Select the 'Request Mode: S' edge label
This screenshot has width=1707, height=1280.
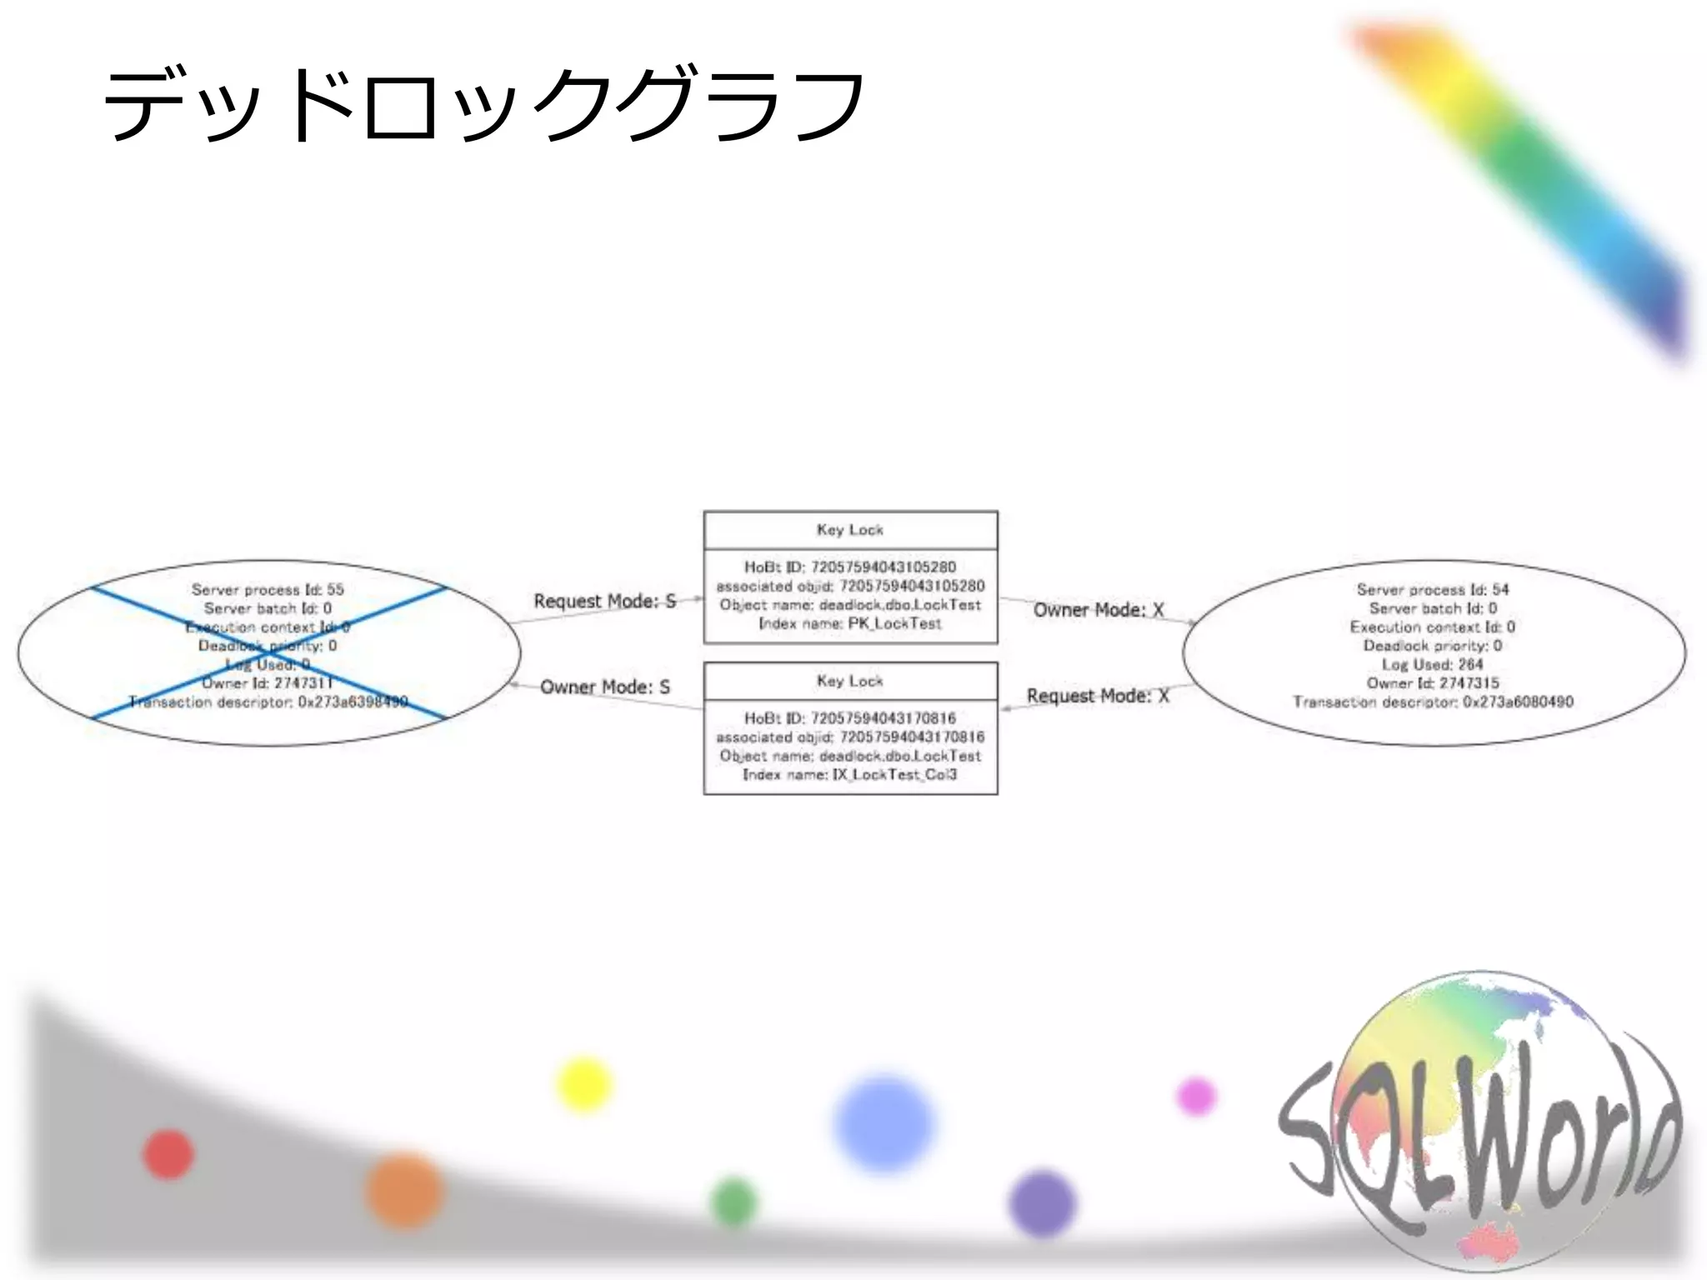(x=604, y=601)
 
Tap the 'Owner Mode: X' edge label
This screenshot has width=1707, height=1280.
(x=1099, y=610)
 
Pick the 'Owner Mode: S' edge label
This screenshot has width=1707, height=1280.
(x=605, y=687)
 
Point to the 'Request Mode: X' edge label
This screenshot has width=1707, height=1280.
(x=1098, y=696)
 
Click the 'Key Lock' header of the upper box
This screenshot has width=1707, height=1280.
(x=850, y=530)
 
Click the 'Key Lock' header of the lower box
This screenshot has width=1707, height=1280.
(x=850, y=681)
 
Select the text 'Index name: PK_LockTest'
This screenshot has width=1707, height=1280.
(x=850, y=623)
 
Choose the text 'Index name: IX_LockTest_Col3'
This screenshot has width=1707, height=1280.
(x=850, y=774)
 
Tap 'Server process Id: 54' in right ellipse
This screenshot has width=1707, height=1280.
(x=1433, y=589)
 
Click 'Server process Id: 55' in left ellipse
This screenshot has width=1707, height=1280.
(x=268, y=589)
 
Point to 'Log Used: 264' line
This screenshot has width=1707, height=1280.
(x=1433, y=664)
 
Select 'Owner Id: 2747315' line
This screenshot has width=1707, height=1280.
(x=1433, y=682)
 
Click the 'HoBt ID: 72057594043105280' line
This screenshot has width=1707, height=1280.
(x=850, y=567)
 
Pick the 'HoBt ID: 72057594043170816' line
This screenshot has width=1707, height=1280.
(x=850, y=717)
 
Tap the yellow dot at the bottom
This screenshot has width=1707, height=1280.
(x=583, y=1084)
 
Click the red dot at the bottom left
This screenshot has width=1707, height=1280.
(x=168, y=1154)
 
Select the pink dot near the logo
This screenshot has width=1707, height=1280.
(x=1196, y=1095)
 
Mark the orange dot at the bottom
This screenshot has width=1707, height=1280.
(x=404, y=1190)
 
